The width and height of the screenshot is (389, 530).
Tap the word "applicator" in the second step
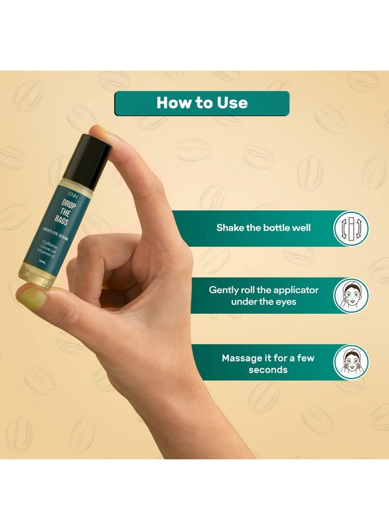click(x=291, y=290)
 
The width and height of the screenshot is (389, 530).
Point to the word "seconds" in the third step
click(x=268, y=370)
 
